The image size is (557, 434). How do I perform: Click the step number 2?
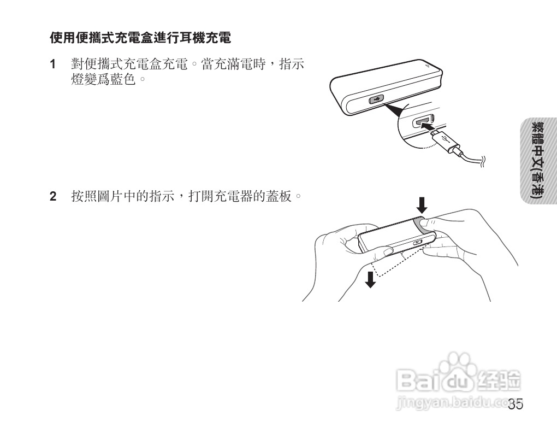click(53, 196)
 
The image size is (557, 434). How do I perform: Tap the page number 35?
click(515, 405)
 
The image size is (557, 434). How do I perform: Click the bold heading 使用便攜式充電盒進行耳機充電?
click(141, 39)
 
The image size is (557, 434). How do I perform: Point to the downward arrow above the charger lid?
click(421, 205)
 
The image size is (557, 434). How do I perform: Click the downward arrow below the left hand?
click(371, 279)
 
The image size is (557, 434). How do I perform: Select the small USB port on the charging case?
click(376, 100)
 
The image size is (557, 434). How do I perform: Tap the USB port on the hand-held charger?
click(419, 242)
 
